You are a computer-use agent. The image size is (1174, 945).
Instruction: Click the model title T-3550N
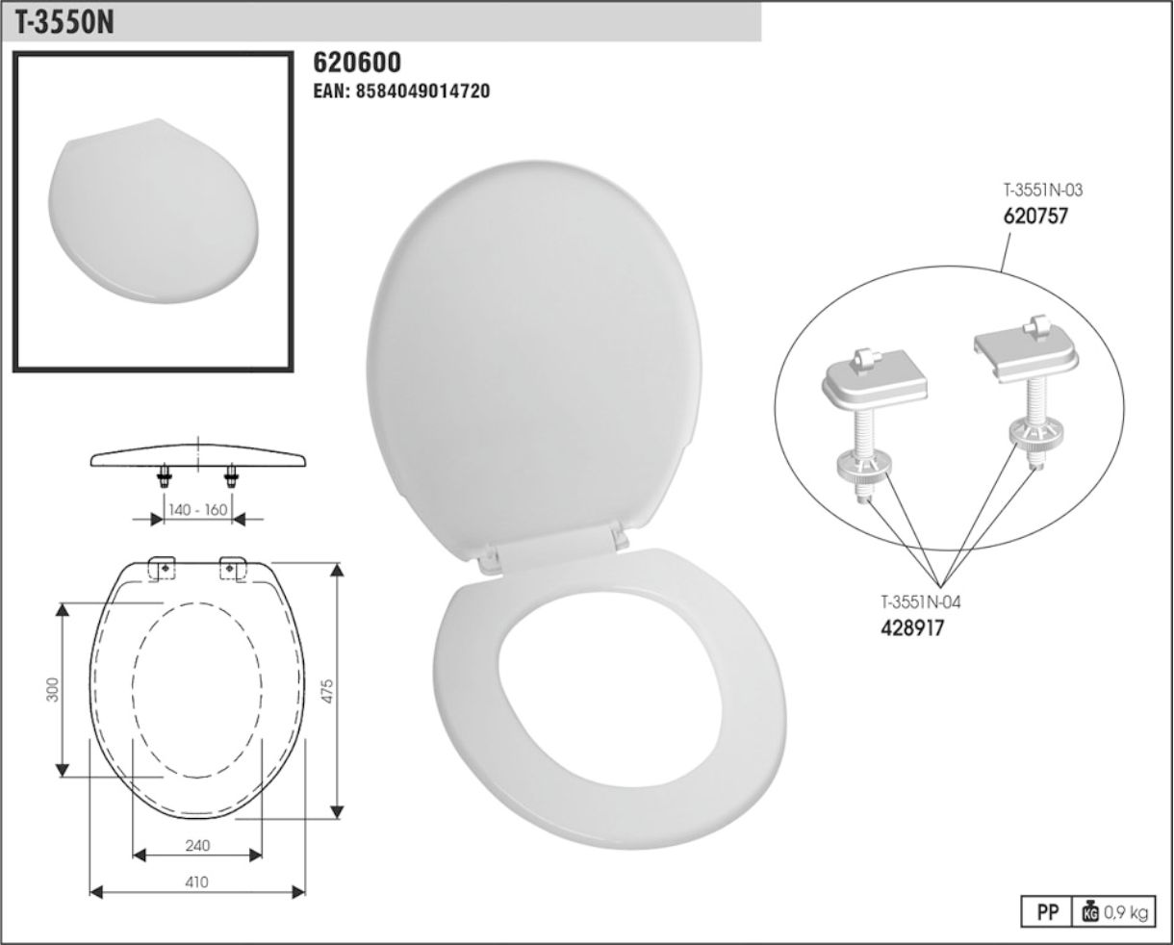(64, 23)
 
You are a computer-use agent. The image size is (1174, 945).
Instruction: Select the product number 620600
(357, 63)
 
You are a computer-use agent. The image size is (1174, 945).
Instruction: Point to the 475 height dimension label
(327, 691)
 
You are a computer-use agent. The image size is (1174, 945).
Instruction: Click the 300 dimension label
(52, 690)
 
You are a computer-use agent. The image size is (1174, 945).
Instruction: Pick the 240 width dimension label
(197, 845)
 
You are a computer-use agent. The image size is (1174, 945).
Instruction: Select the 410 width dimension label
(196, 881)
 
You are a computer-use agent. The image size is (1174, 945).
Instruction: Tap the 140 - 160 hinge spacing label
(197, 510)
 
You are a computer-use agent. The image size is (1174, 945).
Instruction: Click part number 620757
(1035, 217)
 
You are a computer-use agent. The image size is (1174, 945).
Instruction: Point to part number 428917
(912, 628)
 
